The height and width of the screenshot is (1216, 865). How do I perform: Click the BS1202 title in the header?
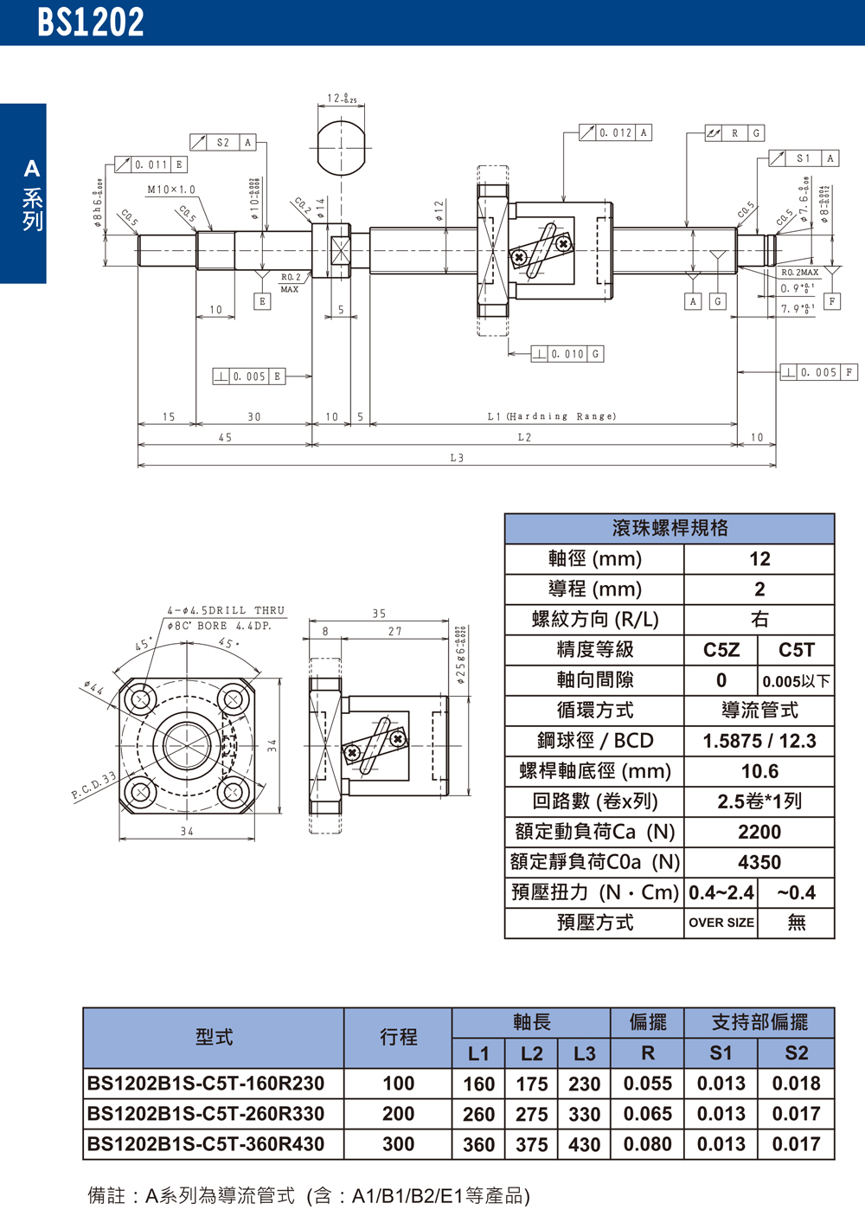pos(90,23)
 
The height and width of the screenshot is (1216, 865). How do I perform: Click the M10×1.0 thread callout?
pos(171,190)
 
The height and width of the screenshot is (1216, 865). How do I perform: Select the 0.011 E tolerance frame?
pos(151,164)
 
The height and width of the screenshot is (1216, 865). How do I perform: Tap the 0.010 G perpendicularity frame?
pos(567,354)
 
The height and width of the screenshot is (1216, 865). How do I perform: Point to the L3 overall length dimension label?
pos(457,458)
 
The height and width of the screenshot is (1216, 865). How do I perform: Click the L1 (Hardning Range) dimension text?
pos(551,416)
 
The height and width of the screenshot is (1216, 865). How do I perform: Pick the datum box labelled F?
pos(832,301)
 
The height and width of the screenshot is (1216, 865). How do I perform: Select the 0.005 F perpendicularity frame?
pos(817,372)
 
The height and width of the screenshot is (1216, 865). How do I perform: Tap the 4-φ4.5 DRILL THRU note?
pos(226,610)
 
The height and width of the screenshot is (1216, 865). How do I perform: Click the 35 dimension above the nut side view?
pos(379,614)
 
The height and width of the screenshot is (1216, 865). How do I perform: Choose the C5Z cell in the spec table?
pos(721,650)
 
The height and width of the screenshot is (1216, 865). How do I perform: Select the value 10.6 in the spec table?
pos(759,771)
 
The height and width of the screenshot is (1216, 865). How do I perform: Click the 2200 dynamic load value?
pos(759,832)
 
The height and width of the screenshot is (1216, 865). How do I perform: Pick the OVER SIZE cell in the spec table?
pos(721,923)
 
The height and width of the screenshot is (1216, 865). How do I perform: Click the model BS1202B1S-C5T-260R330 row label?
pos(206,1114)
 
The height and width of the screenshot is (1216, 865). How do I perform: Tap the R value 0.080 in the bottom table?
pos(647,1144)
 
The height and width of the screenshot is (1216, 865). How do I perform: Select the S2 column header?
pos(796,1053)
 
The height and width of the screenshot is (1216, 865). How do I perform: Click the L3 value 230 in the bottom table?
pos(584,1084)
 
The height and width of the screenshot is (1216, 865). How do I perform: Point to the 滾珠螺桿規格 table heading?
pos(670,528)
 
